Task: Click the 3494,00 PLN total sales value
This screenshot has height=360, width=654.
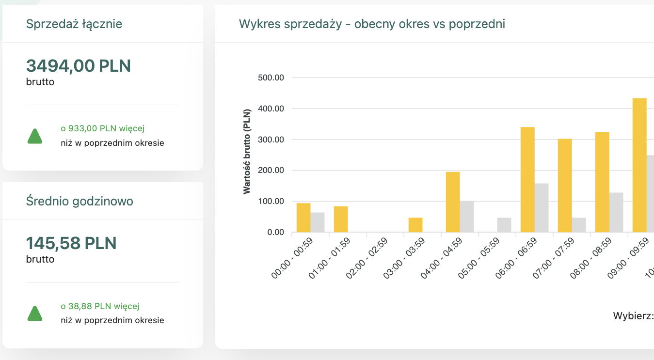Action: click(x=79, y=65)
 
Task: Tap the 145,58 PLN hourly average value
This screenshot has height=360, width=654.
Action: click(x=71, y=243)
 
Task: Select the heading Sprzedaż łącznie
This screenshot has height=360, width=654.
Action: click(x=74, y=24)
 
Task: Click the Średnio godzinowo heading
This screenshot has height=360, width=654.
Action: click(x=80, y=201)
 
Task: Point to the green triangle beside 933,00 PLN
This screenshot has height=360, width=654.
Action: click(x=35, y=137)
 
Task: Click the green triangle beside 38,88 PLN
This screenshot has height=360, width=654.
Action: click(x=35, y=314)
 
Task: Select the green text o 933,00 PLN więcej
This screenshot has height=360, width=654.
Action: click(x=103, y=128)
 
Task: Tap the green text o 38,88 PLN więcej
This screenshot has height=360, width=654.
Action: click(x=100, y=306)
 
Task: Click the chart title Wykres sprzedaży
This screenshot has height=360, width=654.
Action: click(x=372, y=24)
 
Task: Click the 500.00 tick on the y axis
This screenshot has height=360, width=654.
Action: click(x=272, y=78)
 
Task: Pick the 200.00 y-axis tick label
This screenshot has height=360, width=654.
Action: click(x=272, y=171)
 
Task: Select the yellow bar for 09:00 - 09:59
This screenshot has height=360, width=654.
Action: click(x=639, y=165)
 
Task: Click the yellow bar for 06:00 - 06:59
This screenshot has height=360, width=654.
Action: click(x=527, y=180)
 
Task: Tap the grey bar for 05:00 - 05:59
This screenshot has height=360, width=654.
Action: click(x=504, y=225)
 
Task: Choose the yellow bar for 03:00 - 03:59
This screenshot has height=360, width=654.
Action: click(x=415, y=225)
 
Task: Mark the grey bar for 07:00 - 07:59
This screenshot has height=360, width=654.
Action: click(x=579, y=225)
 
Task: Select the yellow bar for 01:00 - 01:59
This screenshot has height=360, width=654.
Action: click(x=341, y=219)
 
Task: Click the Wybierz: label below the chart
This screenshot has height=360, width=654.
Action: click(x=633, y=316)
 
